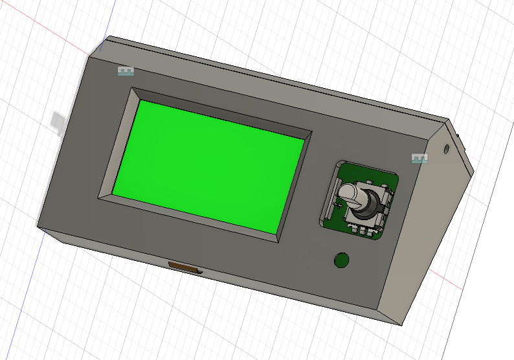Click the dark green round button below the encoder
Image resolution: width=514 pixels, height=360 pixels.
point(341,260)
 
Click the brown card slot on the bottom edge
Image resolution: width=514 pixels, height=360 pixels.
point(184,267)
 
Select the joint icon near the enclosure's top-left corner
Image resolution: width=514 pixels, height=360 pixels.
point(125,71)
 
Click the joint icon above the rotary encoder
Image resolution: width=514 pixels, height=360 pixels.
point(420,158)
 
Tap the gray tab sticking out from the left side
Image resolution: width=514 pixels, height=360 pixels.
point(57,122)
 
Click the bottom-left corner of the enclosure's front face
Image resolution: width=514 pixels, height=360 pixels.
point(38,227)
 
